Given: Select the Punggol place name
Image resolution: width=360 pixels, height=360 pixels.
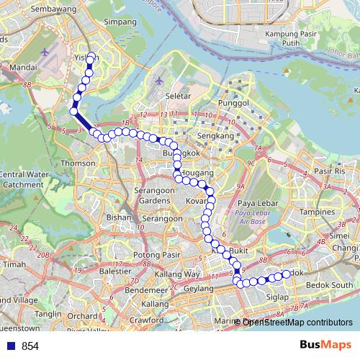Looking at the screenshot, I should coord(233,103).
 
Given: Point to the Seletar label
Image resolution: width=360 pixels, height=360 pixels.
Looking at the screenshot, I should coord(177,96).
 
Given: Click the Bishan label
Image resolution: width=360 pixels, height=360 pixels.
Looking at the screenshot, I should coord(116,217).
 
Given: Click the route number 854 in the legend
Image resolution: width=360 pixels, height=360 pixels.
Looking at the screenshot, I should coord(30,346).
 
